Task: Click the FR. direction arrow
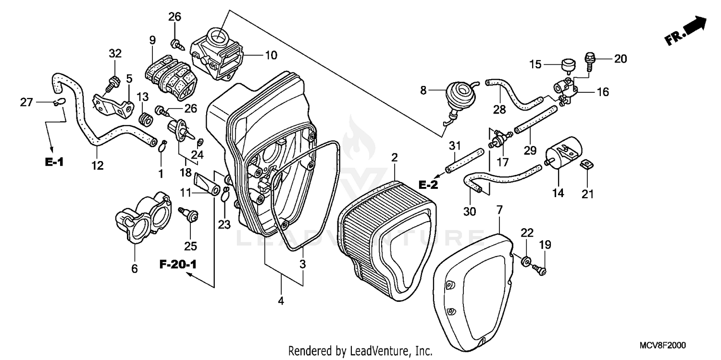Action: point(687,31)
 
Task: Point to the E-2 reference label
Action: point(428,184)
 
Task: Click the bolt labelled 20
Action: point(589,60)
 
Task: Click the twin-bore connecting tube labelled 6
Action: point(141,222)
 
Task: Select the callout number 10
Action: point(271,55)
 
